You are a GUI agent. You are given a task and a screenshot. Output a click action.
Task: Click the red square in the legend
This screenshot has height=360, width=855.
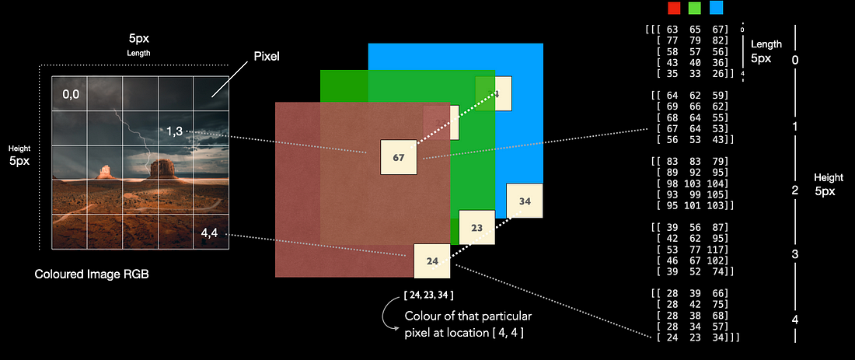[674, 8]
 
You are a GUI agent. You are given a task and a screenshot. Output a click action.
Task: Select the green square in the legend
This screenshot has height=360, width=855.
[695, 8]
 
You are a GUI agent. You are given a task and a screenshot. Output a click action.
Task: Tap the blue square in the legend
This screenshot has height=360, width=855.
[716, 8]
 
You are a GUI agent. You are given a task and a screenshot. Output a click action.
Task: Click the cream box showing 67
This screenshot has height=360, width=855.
[398, 157]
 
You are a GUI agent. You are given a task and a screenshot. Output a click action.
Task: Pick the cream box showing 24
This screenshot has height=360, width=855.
[431, 261]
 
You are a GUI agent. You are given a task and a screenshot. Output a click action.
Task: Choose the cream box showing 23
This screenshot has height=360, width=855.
[476, 228]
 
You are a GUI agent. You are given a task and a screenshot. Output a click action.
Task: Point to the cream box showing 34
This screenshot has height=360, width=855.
[525, 201]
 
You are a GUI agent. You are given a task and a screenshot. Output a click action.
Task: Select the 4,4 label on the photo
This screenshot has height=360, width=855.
[210, 232]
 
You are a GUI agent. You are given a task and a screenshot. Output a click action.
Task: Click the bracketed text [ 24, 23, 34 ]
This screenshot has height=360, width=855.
[429, 295]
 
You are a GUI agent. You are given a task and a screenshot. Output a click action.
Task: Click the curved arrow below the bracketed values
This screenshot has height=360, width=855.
[387, 317]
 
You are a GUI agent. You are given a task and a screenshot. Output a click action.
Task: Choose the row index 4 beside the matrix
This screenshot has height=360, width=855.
[794, 319]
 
